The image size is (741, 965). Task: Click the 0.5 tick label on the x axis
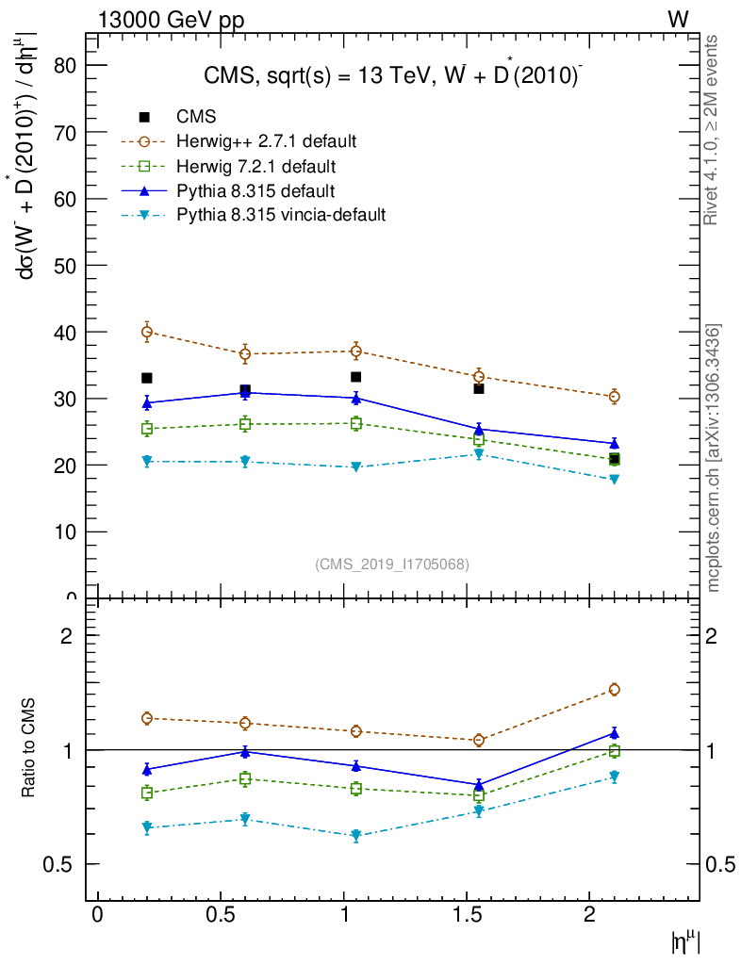point(220,917)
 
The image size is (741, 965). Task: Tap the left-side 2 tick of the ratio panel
point(68,636)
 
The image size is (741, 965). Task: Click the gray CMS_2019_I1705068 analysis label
point(391,564)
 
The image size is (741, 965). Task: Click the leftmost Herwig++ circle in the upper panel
point(147,332)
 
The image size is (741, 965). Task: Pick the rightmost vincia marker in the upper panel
point(614,479)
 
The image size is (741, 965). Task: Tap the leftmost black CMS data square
point(147,378)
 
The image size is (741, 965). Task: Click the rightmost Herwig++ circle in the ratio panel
point(614,689)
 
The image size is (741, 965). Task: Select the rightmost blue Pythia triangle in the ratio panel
point(614,733)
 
